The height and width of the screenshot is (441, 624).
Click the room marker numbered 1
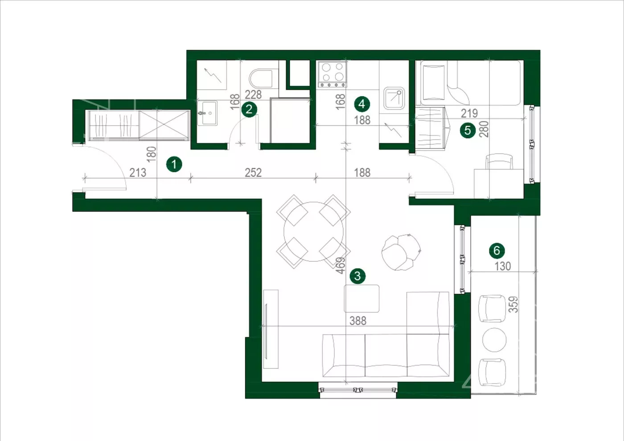[x=174, y=164]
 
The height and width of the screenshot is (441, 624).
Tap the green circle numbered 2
[x=249, y=109]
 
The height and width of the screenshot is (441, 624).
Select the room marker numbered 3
[x=357, y=276]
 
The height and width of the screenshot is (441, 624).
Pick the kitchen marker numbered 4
[x=362, y=104]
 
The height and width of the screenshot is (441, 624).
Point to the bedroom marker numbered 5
[x=468, y=130]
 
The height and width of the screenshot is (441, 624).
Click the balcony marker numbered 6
[x=497, y=250]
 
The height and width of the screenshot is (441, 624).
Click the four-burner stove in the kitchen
[x=333, y=74]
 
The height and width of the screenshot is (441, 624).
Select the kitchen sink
[x=394, y=98]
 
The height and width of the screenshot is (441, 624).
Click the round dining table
[x=313, y=231]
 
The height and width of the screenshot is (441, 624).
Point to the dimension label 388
[x=358, y=321]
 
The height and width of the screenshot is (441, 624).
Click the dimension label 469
[x=341, y=265]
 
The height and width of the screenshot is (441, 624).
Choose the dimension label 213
[x=138, y=173]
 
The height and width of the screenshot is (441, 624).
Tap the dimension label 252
[x=253, y=173]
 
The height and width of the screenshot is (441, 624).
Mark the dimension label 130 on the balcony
[x=503, y=266]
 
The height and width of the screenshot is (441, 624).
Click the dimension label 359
[x=513, y=304]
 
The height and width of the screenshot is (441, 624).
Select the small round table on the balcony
[x=494, y=340]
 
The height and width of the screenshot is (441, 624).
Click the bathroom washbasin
[x=208, y=113]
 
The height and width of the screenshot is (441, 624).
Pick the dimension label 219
[x=469, y=113]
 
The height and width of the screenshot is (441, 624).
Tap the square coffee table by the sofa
[x=361, y=298]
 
